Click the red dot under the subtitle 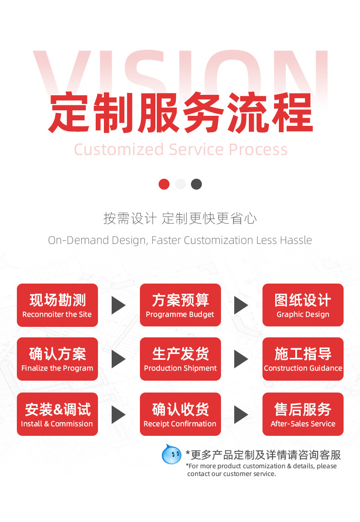pos(164,184)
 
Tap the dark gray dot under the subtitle pos(196,184)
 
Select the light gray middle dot pos(180,184)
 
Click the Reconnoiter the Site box pos(57,305)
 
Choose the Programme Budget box pos(180,305)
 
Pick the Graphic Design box pos(303,305)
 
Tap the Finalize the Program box pos(57,359)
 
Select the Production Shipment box pos(180,359)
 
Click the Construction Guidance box pos(303,359)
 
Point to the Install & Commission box pos(57,414)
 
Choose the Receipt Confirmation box pos(180,414)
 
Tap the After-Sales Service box pos(303,414)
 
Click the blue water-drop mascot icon pos(171,454)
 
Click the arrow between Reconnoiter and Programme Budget pos(118,305)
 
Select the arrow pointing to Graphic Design pos(241,305)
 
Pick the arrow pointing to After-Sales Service pos(241,414)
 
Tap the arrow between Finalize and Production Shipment pos(118,359)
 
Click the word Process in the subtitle pos(258,150)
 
